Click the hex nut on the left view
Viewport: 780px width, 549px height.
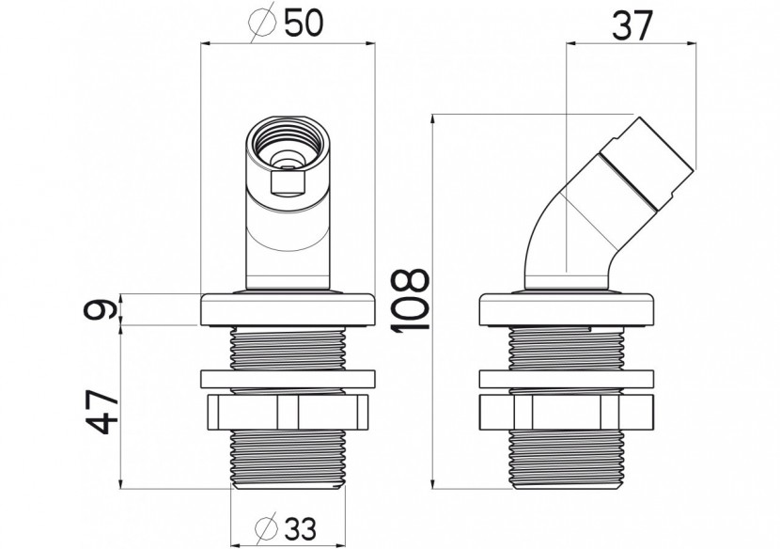click(289, 412)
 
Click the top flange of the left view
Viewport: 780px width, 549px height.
click(289, 309)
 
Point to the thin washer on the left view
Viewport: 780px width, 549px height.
click(289, 380)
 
